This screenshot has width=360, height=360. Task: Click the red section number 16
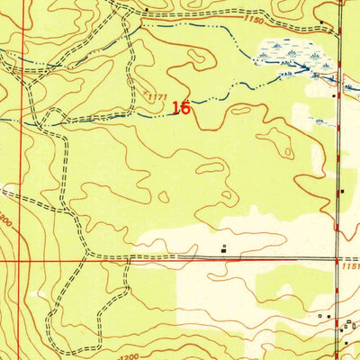click(180, 108)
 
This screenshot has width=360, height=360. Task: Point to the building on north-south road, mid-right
click(342, 191)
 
